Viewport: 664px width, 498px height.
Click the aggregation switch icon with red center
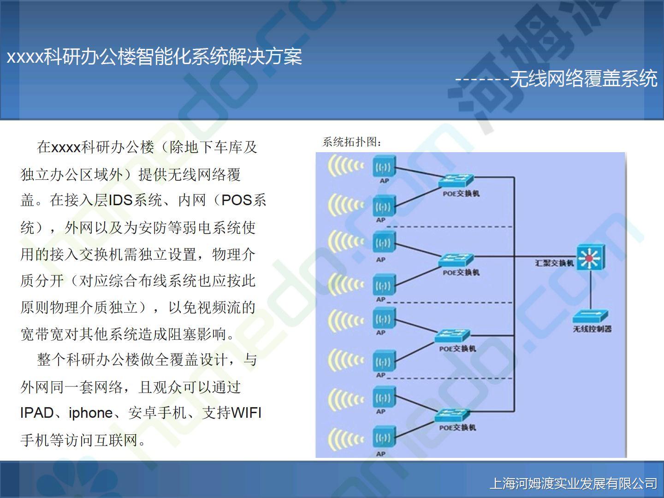click(x=591, y=257)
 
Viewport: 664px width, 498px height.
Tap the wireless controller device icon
click(x=591, y=316)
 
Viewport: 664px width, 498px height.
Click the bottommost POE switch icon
click(x=452, y=415)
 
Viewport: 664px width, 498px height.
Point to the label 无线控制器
click(x=592, y=329)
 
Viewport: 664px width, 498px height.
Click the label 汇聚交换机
click(x=555, y=263)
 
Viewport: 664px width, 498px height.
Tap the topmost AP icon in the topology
click(x=384, y=166)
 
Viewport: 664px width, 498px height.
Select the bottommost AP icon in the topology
click(x=384, y=437)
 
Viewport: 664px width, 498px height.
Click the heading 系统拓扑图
click(x=352, y=142)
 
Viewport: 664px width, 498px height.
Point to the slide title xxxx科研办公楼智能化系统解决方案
click(x=154, y=56)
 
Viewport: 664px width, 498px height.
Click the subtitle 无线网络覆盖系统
click(x=583, y=78)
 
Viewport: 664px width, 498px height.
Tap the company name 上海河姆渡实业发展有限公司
click(x=574, y=483)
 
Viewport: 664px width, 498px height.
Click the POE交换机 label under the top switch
click(x=461, y=194)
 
